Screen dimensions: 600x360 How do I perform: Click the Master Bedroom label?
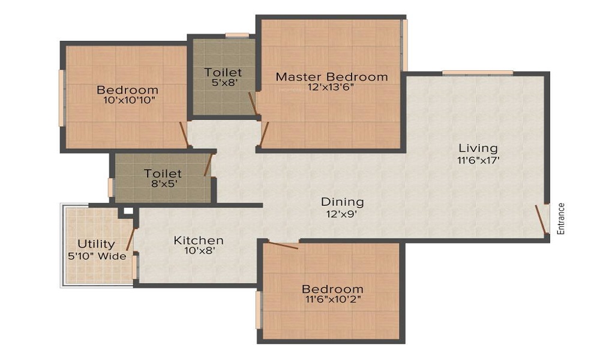tap(332, 77)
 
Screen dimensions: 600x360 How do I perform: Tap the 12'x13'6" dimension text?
tap(331, 87)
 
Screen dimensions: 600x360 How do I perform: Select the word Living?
tap(478, 148)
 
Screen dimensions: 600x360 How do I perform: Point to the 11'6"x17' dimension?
tap(479, 160)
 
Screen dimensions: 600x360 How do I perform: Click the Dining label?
tap(342, 202)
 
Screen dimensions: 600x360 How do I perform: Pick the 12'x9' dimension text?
tap(342, 214)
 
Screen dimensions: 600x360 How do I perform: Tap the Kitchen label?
tap(199, 240)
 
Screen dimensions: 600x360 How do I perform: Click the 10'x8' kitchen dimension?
tap(199, 251)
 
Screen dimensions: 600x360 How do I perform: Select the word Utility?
tap(96, 244)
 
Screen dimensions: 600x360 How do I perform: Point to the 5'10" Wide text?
tap(97, 256)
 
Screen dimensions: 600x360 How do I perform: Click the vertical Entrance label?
tap(560, 218)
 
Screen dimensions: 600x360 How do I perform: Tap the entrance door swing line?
tap(541, 219)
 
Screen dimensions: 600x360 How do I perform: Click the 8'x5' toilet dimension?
tap(164, 184)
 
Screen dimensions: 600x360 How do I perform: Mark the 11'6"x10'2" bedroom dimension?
tap(333, 299)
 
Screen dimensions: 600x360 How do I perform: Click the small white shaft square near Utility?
tap(128, 211)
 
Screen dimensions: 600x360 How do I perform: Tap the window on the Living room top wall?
tap(478, 73)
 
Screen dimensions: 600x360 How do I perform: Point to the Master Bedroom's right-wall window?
tap(404, 45)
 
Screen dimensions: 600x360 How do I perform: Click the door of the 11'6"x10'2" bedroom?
tap(283, 245)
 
